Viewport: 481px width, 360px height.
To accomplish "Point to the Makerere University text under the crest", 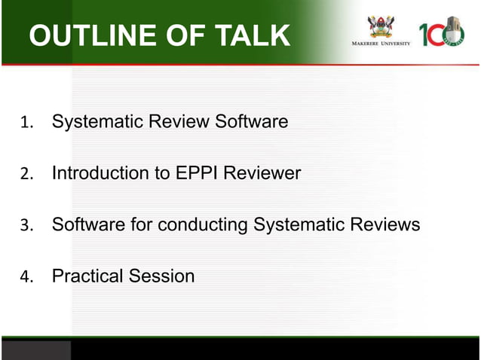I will (381, 44).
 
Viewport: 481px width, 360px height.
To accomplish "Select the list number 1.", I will (26, 122).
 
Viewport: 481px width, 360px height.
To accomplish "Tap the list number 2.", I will (26, 174).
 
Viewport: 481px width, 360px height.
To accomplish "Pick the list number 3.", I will (26, 225).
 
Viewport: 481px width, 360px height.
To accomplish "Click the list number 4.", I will (26, 277).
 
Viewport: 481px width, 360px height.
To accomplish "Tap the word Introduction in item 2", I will (100, 173).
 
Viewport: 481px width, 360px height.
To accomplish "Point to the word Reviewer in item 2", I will (263, 173).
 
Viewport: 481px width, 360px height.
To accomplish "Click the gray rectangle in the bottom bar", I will (36, 349).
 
